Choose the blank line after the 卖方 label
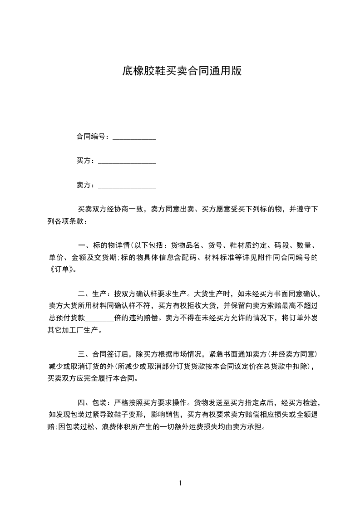coord(127,186)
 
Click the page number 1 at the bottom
coord(180,483)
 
